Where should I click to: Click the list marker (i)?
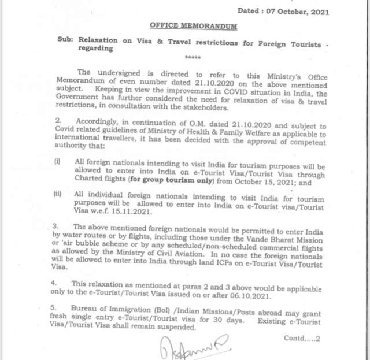coord(57,161)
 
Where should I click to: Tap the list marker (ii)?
coord(58,193)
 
